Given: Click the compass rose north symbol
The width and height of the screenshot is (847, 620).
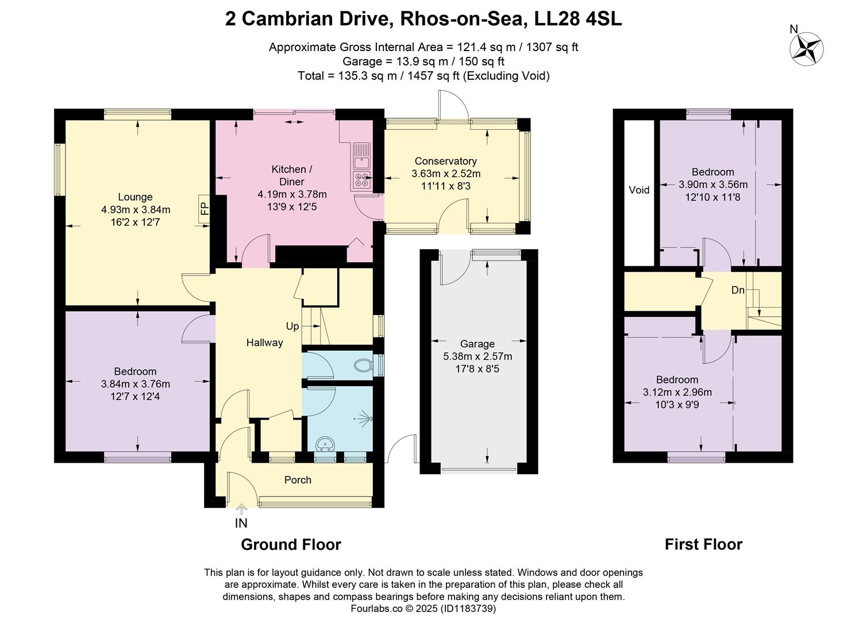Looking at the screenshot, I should (x=807, y=47).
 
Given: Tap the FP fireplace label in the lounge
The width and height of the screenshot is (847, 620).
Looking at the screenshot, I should (x=204, y=205).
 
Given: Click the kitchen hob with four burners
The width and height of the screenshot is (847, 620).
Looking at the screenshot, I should (x=362, y=181).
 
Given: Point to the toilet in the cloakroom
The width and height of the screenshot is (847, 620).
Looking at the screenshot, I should (x=363, y=365).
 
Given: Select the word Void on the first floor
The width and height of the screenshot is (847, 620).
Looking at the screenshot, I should (x=639, y=190).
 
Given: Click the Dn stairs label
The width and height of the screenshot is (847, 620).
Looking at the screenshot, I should (x=738, y=290).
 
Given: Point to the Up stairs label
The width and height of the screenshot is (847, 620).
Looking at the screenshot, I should (x=292, y=326).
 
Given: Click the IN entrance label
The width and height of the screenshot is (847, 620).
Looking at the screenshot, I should (x=241, y=523).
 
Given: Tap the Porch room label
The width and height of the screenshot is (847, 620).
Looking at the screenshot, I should (x=298, y=480).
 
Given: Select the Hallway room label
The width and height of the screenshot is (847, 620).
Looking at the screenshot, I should (x=265, y=343).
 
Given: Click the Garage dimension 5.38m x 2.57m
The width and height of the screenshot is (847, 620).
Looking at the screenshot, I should (x=478, y=356).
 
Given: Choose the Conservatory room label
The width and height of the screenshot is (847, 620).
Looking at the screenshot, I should (x=446, y=161).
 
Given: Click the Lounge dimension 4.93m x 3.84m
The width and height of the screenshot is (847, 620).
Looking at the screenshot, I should (x=136, y=210).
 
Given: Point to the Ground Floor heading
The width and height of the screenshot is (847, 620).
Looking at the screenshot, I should (x=291, y=545).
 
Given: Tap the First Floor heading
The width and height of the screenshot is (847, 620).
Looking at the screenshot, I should (x=703, y=544).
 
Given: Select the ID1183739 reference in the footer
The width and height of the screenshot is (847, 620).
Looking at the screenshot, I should (x=468, y=608).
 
